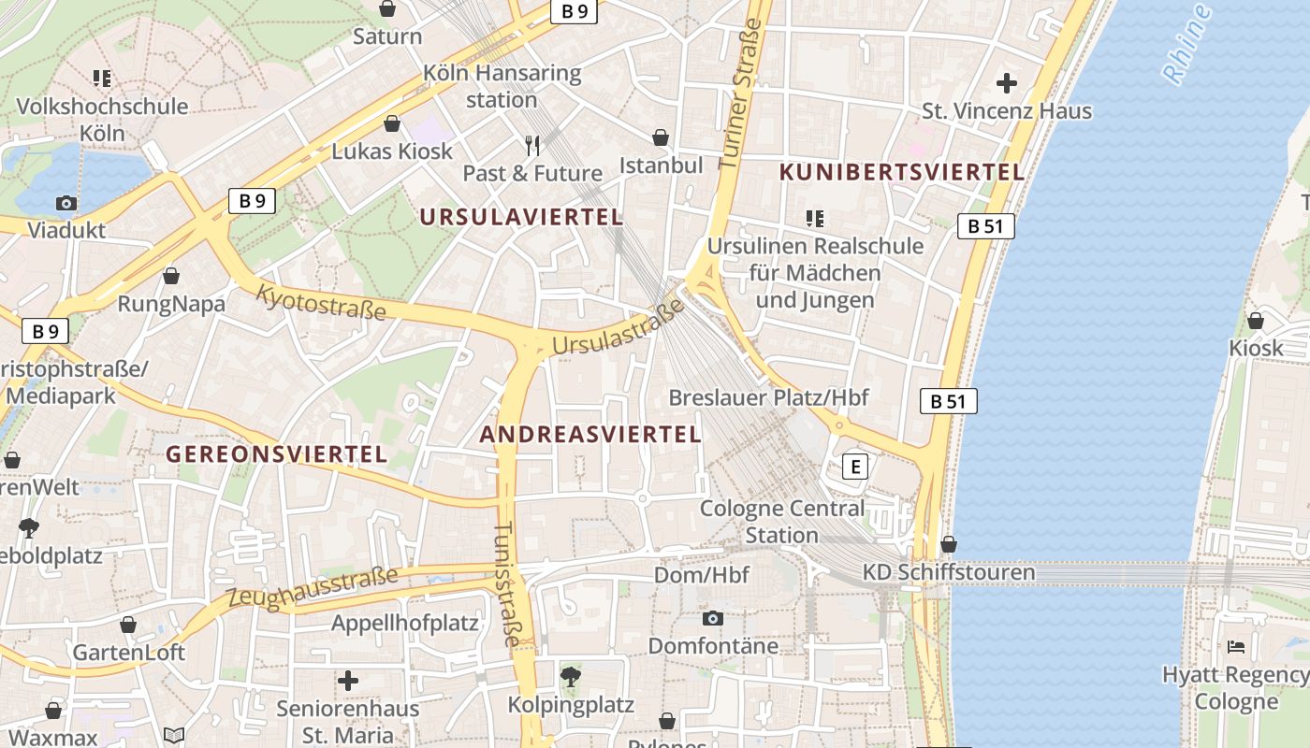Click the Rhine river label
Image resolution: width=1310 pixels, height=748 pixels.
tap(1186, 44)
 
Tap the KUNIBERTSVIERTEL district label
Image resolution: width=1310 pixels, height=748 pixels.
tap(902, 172)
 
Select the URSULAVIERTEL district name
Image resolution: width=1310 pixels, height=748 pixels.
tap(520, 217)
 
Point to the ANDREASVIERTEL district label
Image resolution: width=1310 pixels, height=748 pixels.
tap(590, 434)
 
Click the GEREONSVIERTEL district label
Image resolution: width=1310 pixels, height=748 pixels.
tap(276, 454)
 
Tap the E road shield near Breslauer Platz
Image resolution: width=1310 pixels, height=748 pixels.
tap(854, 466)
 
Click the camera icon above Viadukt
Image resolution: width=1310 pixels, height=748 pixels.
tap(65, 203)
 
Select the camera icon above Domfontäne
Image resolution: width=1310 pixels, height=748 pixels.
tap(713, 618)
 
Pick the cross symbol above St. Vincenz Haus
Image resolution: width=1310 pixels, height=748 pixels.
tap(1007, 84)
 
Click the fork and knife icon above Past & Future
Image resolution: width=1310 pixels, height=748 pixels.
tap(532, 146)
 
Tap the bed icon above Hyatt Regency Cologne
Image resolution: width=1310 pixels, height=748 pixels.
tap(1235, 646)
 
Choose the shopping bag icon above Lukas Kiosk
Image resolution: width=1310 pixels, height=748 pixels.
tap(392, 123)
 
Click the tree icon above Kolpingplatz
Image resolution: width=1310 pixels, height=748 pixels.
tap(570, 676)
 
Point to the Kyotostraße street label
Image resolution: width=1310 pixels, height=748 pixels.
tap(321, 302)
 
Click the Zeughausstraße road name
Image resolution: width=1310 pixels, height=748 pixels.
tap(313, 589)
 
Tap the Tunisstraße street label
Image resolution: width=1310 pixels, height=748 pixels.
tap(506, 584)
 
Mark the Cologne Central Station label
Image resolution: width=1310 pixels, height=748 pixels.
tap(782, 522)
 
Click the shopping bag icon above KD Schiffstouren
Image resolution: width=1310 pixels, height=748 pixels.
tap(949, 544)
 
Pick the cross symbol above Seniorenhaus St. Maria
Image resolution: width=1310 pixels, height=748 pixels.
tap(348, 681)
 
